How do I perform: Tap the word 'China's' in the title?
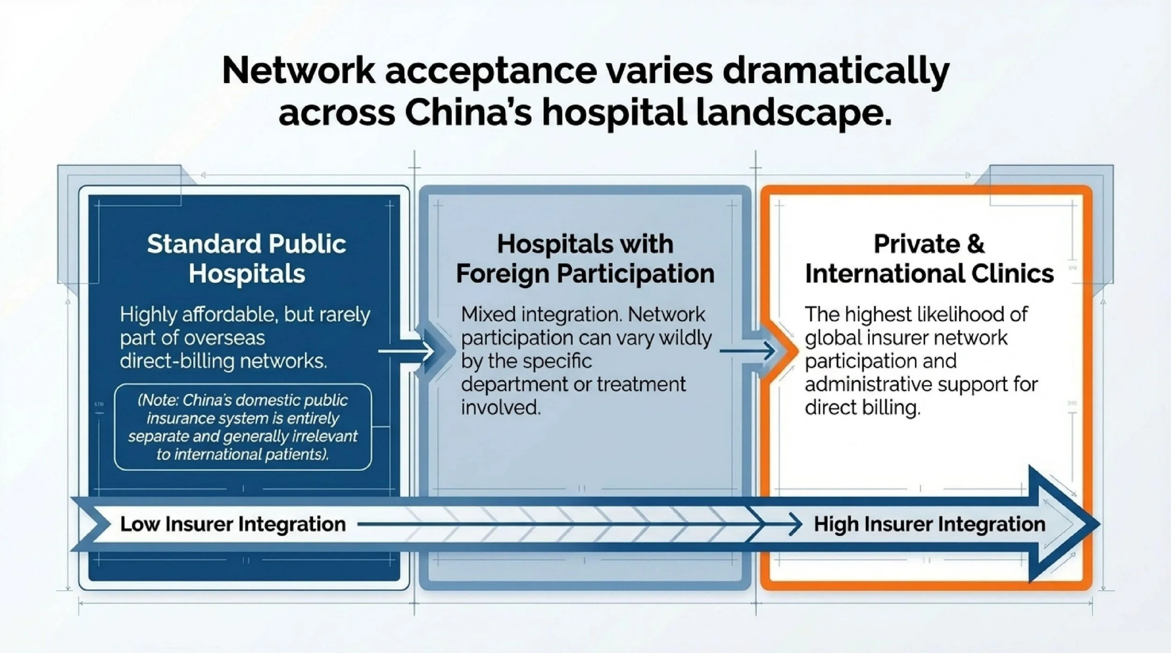pos(468,113)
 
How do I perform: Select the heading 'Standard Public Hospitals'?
pos(246,258)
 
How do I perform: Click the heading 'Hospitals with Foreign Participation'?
pos(585,258)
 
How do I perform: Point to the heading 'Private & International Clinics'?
pos(929,258)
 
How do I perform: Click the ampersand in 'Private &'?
pos(976,244)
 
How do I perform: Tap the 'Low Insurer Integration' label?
pos(233,524)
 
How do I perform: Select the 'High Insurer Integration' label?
pos(929,524)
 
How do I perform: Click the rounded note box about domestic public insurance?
pos(243,427)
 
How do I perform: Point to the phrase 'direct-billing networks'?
pos(223,361)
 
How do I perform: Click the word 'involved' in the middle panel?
pos(500,408)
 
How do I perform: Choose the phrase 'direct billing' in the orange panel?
pos(862,408)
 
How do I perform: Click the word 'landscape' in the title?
pos(793,113)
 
